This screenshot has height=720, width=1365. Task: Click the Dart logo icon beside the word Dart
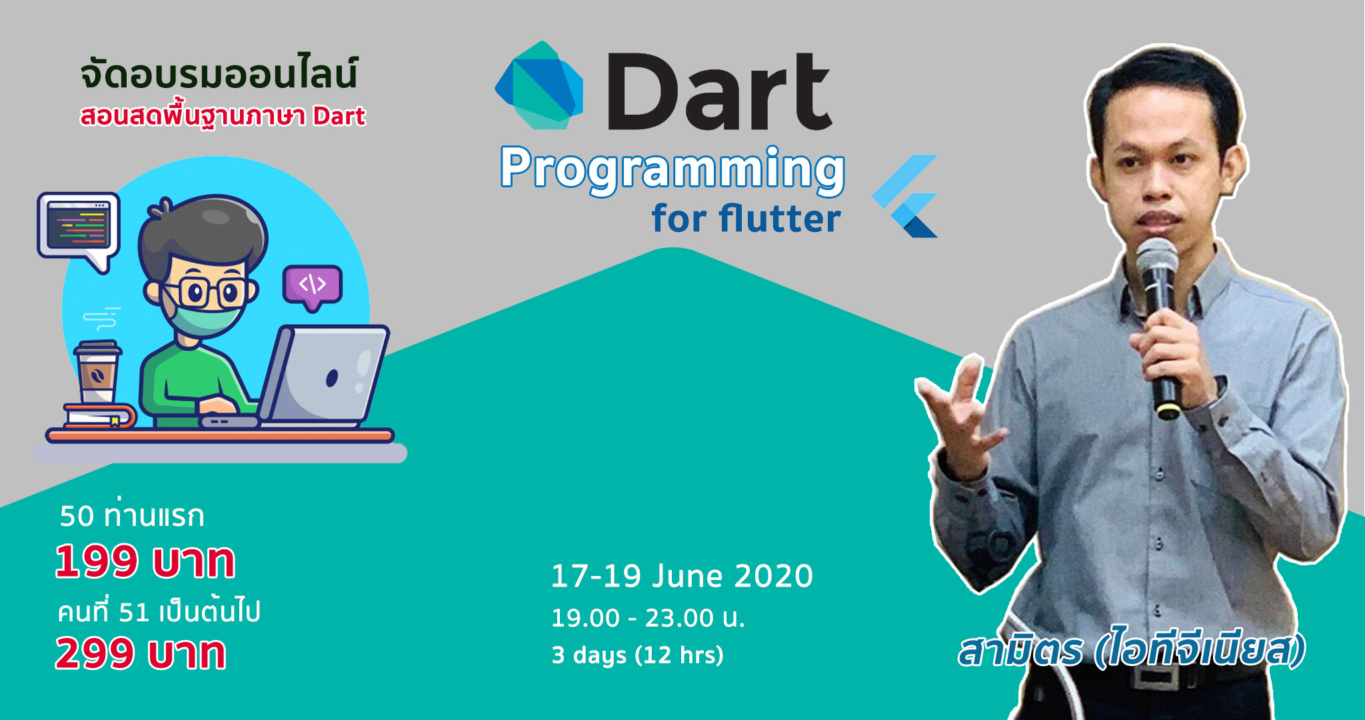[x=539, y=85]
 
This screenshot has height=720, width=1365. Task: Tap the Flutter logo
[x=906, y=196]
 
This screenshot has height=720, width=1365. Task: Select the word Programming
[x=673, y=169]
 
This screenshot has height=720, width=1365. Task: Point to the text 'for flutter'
[x=746, y=218]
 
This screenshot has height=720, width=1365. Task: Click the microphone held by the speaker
[x=1159, y=327]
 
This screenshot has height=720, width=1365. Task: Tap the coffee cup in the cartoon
[x=97, y=372]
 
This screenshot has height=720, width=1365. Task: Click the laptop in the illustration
[x=313, y=377]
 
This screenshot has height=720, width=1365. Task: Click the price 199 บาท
[x=145, y=561]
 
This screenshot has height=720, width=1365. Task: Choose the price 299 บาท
[x=141, y=653]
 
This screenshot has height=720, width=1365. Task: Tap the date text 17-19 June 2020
[x=682, y=576]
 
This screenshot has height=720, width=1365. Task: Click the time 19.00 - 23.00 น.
[x=648, y=618]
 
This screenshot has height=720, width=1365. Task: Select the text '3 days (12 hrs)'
[x=638, y=655]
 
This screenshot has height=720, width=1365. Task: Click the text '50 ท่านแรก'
[x=132, y=515]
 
